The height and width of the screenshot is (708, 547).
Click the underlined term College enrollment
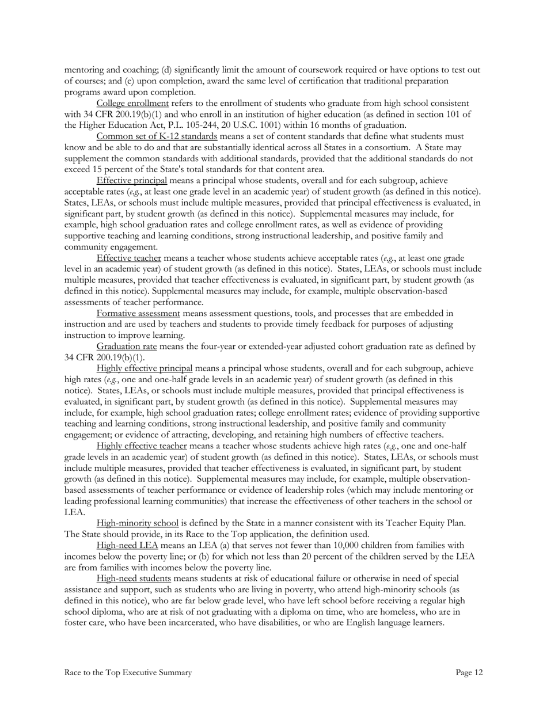[x=132, y=103]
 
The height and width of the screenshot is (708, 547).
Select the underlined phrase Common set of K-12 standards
[x=157, y=136]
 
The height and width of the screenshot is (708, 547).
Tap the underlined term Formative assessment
[x=138, y=313]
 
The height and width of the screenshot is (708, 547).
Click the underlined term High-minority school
[x=138, y=523]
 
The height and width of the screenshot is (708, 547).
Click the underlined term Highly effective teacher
[x=142, y=446]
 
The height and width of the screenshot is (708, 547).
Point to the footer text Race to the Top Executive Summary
[x=128, y=672]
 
